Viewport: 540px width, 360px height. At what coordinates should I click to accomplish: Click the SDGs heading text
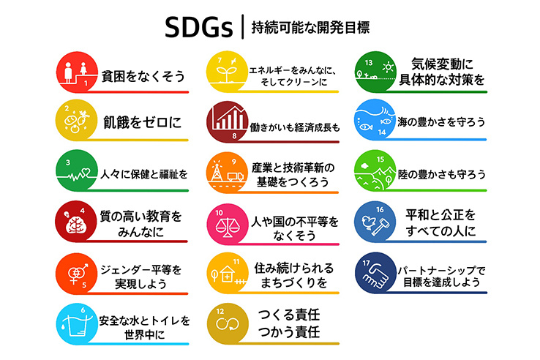(x=199, y=27)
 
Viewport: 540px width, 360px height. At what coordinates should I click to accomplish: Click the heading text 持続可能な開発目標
(x=310, y=28)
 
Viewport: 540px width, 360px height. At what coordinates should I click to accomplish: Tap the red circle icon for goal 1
(x=77, y=72)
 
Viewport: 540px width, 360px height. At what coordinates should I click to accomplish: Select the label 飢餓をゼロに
(x=142, y=122)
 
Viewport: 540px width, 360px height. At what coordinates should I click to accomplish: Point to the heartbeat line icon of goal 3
(x=77, y=175)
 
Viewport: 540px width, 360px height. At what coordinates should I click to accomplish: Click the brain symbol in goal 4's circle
(x=76, y=225)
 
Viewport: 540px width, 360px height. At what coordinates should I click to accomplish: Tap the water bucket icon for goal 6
(x=76, y=326)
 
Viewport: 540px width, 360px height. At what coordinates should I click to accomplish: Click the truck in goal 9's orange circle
(x=236, y=177)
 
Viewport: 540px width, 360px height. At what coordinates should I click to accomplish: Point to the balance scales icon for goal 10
(x=227, y=226)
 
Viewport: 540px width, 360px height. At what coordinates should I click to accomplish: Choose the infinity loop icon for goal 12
(x=228, y=324)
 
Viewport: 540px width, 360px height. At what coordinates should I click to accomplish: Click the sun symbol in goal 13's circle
(x=388, y=67)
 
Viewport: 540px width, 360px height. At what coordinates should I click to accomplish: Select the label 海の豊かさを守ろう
(x=441, y=121)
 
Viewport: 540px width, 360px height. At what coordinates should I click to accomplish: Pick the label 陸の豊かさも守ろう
(x=441, y=174)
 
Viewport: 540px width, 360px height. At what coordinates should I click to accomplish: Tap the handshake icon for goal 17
(x=375, y=276)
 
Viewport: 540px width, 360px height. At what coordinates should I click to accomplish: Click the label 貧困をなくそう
(x=143, y=76)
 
